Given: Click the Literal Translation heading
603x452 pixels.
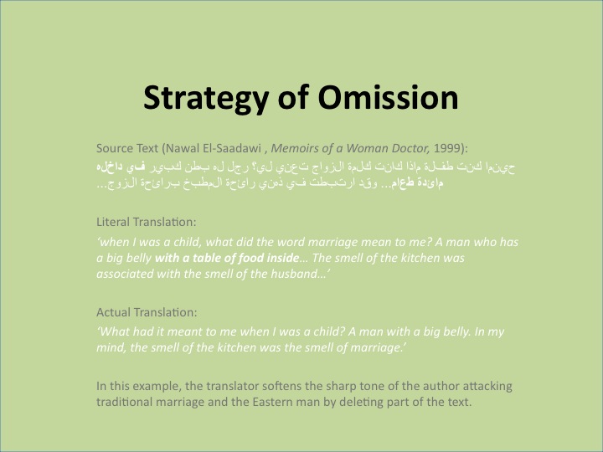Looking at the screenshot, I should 147,223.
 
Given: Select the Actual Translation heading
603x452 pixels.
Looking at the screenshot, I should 147,311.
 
